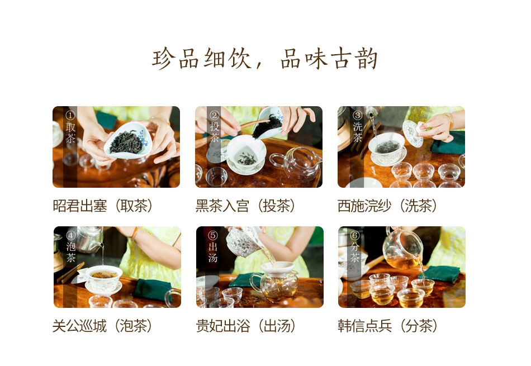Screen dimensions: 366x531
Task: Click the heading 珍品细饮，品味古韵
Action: [x=265, y=59]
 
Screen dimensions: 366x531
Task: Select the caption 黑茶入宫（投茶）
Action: [x=245, y=206]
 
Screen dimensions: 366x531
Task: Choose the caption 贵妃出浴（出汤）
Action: [x=245, y=326]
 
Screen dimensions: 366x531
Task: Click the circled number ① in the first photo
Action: [x=70, y=116]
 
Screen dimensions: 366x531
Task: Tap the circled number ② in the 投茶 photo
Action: [x=214, y=116]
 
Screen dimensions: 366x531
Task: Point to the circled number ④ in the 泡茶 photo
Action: [x=71, y=235]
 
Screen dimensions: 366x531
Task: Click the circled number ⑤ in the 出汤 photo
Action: [x=213, y=235]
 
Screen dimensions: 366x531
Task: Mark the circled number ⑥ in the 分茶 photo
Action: [x=355, y=235]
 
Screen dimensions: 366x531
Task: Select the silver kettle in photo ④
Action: [x=90, y=239]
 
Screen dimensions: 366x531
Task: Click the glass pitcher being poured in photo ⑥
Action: [x=403, y=249]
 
